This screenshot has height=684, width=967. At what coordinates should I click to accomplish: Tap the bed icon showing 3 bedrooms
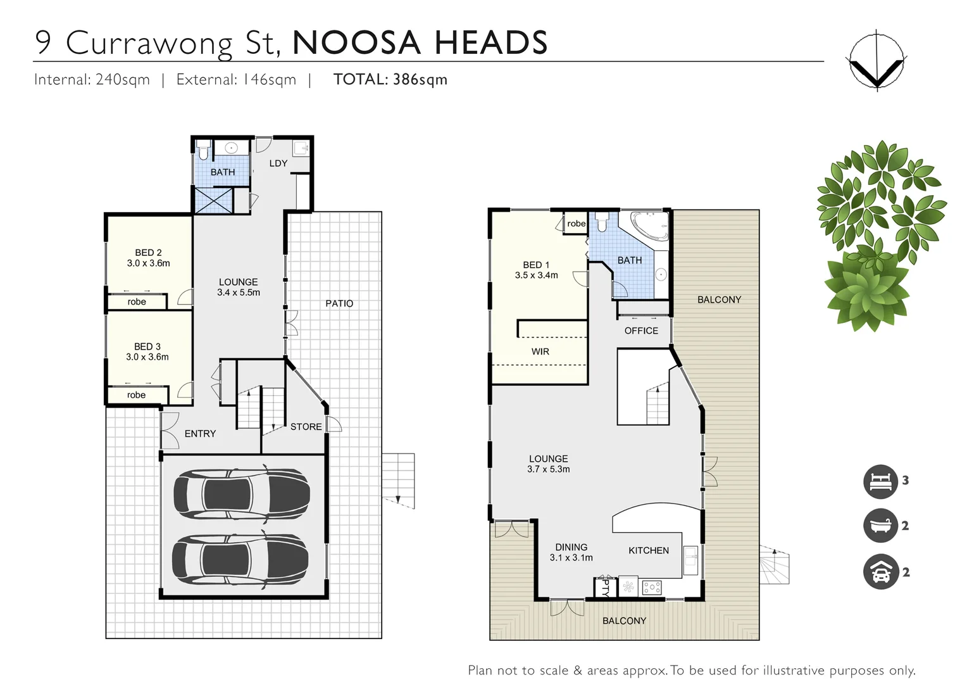click(x=881, y=481)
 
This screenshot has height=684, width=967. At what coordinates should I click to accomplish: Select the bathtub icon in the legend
click(x=881, y=526)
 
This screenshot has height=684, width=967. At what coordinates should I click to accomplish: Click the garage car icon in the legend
click(x=881, y=572)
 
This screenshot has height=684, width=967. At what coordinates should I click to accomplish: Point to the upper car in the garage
click(x=241, y=494)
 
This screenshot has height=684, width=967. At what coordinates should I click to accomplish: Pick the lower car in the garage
click(x=241, y=559)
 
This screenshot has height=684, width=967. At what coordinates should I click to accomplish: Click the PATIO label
click(x=339, y=303)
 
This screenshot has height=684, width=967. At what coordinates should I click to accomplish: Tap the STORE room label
click(x=306, y=427)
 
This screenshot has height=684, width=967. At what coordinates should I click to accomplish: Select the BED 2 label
click(x=148, y=253)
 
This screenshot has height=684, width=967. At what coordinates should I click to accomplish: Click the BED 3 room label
click(x=147, y=346)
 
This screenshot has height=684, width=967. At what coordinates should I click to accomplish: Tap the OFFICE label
click(x=641, y=331)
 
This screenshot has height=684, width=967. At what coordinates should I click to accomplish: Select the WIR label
click(x=540, y=351)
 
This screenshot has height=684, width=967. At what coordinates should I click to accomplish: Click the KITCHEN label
click(x=648, y=550)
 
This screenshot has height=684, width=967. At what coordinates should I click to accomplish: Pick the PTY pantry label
click(x=604, y=588)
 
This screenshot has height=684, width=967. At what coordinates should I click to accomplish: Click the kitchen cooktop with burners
click(x=651, y=588)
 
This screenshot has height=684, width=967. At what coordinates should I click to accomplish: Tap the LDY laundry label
click(x=278, y=163)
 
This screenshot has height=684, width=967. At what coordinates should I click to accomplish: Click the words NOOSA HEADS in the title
click(x=420, y=43)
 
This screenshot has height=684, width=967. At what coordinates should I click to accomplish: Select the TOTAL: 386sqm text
click(x=390, y=80)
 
